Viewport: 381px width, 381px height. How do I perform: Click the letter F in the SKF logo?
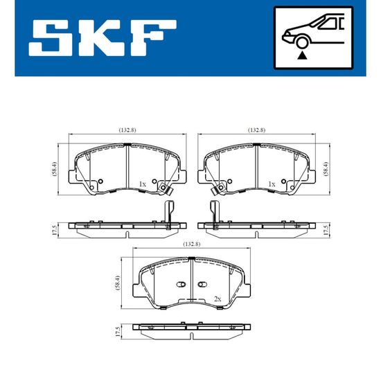tap(153, 38)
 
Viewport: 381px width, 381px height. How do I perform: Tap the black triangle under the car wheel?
tap(302, 55)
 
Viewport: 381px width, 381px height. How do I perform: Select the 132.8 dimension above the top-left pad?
tap(127, 130)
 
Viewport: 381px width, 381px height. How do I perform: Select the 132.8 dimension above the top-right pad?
tap(256, 130)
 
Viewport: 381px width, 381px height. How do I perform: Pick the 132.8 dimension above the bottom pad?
tap(192, 245)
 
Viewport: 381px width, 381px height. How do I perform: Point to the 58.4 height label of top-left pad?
tap(55, 168)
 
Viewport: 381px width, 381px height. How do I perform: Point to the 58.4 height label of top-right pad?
tap(326, 168)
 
